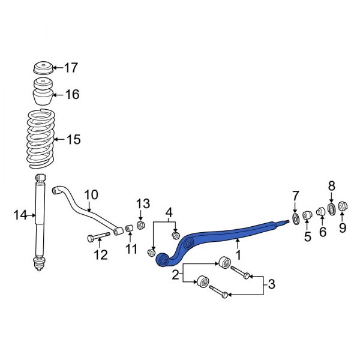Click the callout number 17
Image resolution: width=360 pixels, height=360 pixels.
coord(71,68)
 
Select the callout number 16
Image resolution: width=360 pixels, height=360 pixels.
coord(72,94)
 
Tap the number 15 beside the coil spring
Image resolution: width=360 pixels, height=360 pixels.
coord(73,140)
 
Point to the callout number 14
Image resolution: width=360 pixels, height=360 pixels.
coord(20,214)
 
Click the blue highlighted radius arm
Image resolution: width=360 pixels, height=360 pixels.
coord(228,231)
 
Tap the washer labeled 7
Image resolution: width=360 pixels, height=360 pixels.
coord(295,217)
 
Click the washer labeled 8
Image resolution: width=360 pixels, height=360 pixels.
coord(331,208)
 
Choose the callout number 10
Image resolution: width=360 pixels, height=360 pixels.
coord(91,194)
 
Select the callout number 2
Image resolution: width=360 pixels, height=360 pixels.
coord(175,275)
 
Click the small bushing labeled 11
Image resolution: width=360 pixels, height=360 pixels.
coord(128,230)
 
